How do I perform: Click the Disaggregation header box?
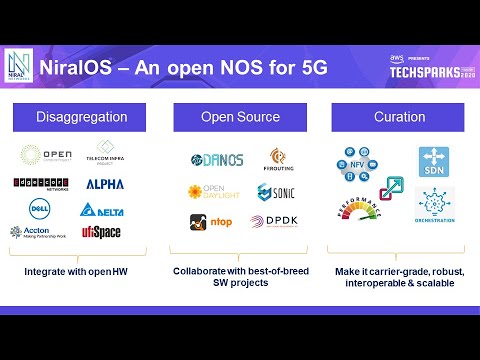[83, 118]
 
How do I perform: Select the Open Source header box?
[240, 118]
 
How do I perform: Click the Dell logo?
[38, 208]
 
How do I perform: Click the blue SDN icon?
[435, 162]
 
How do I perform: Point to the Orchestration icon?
[435, 205]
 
